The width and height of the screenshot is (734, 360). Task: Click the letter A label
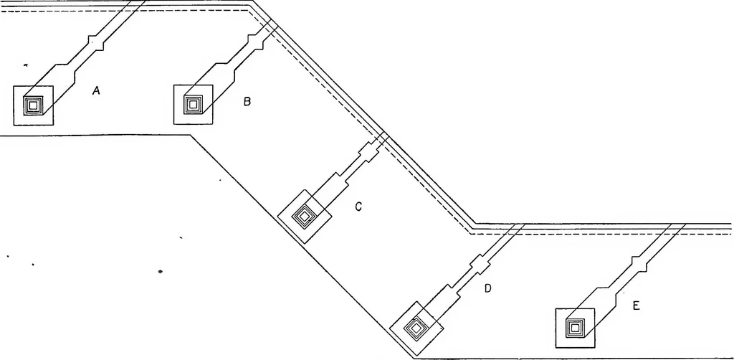click(x=96, y=91)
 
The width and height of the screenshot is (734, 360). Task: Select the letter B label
click(x=247, y=101)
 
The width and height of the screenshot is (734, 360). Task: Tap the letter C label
click(x=358, y=207)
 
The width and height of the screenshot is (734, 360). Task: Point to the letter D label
click(x=487, y=289)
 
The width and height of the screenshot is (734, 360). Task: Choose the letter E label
click(x=636, y=306)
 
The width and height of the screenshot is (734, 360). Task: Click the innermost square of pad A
click(x=33, y=106)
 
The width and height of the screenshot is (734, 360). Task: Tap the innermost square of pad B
click(x=192, y=105)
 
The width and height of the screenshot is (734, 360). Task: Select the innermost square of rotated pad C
click(x=304, y=217)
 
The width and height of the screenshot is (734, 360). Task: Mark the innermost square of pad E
click(x=574, y=328)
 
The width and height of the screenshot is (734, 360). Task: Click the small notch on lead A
click(x=96, y=42)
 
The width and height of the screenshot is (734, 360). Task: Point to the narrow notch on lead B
click(x=255, y=41)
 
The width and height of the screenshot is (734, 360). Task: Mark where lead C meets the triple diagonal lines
click(x=383, y=138)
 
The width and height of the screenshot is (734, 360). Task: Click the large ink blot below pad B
click(x=161, y=271)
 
